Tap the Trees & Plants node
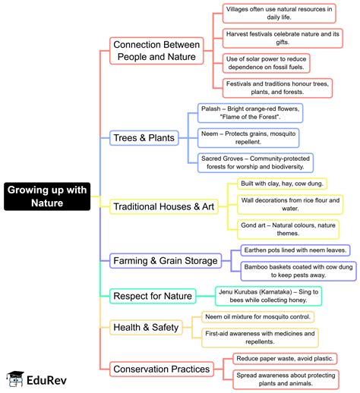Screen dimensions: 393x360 144,137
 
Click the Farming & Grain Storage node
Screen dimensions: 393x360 166,261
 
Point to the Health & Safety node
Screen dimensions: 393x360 146,327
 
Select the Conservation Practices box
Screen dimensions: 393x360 161,369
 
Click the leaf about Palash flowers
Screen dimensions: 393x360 250,113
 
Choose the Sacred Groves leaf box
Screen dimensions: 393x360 257,162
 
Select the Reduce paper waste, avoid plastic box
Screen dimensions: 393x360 284,357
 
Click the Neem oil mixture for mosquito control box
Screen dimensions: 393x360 257,316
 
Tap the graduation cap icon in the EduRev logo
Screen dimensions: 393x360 14,376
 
